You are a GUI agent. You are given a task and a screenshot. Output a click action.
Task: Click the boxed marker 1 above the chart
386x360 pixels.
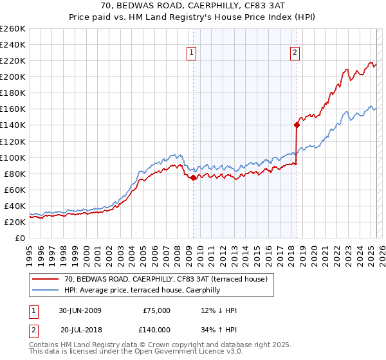[192, 53]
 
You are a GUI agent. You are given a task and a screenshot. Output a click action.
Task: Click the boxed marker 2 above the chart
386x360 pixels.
[295, 53]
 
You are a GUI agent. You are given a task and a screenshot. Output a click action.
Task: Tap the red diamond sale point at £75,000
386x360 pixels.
[194, 177]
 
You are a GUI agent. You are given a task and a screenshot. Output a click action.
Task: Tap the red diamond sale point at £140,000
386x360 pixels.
[297, 125]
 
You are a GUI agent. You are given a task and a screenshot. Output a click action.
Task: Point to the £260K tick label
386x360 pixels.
[13, 29]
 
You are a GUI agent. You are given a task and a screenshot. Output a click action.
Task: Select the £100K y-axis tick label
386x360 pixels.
[13, 157]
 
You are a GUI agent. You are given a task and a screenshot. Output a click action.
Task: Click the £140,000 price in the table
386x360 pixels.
[156, 329]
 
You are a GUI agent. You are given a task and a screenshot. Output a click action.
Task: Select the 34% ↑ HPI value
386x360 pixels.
[219, 329]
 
